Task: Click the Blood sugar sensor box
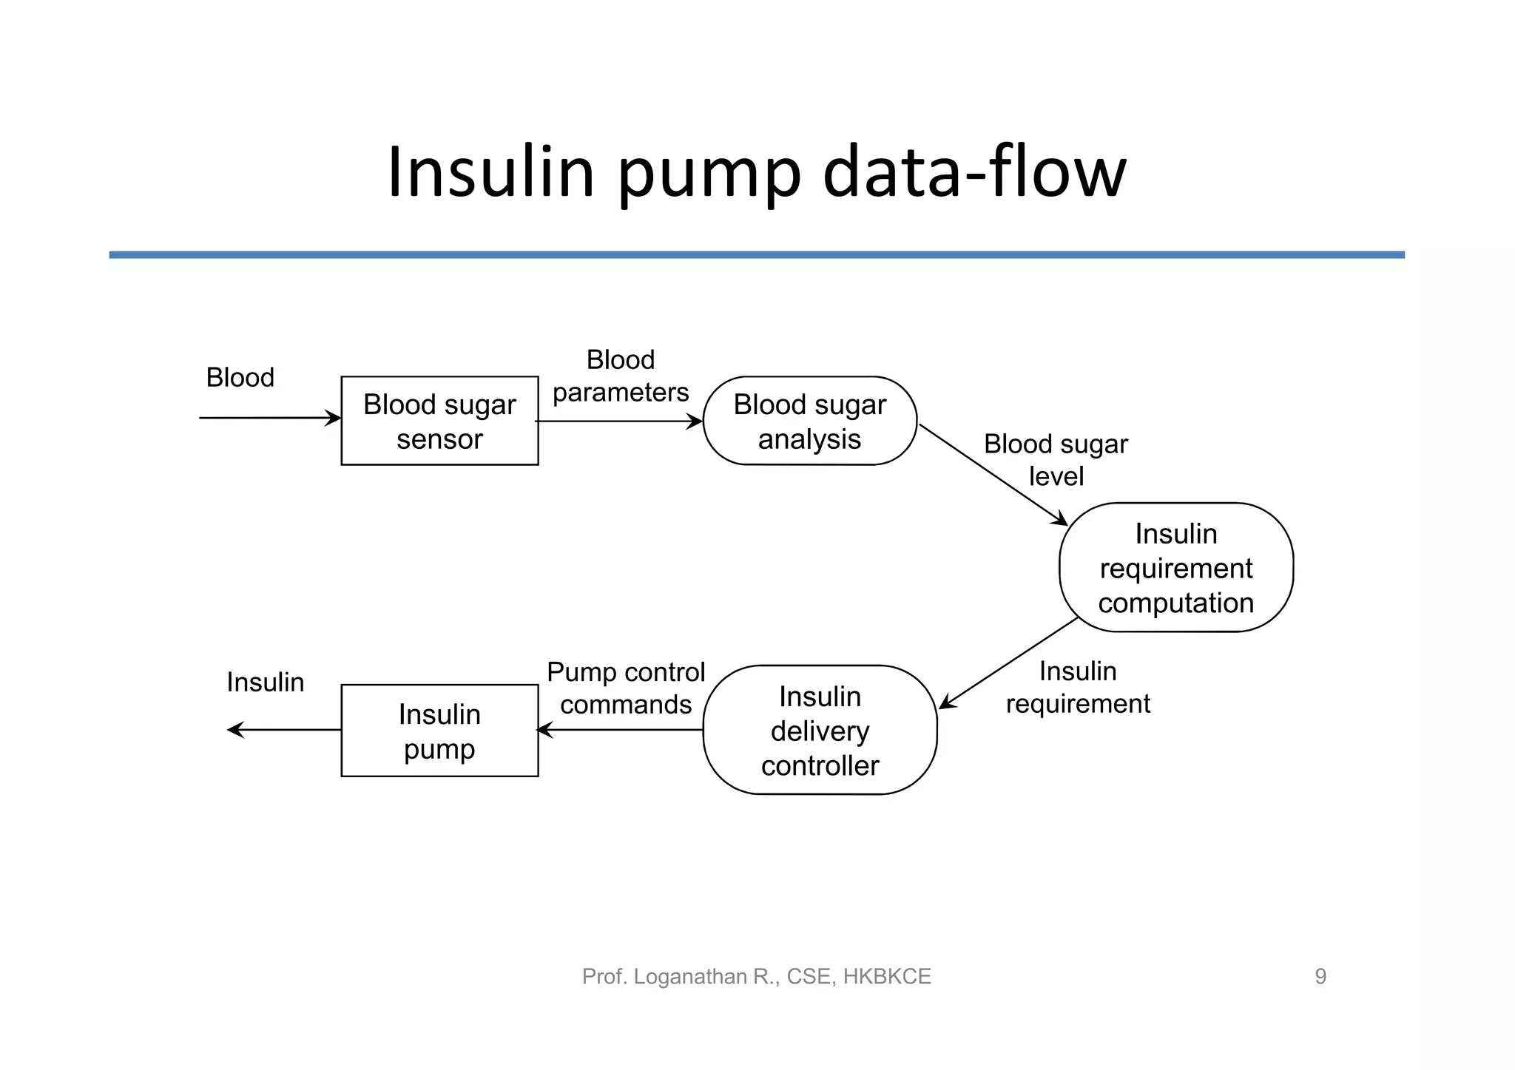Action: [439, 421]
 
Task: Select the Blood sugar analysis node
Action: [809, 421]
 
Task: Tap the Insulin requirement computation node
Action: [1175, 567]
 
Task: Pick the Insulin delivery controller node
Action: [820, 730]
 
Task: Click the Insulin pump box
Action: [439, 731]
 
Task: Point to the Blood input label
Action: [240, 378]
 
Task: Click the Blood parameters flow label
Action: [621, 376]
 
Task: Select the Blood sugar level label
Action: [1056, 460]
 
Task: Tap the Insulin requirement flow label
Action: [1078, 687]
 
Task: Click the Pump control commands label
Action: [626, 688]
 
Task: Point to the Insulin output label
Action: [265, 682]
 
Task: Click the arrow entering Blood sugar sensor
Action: [270, 418]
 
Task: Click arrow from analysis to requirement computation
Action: [991, 474]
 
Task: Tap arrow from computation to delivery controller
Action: [1008, 663]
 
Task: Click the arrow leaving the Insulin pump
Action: [284, 730]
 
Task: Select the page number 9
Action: [1320, 976]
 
